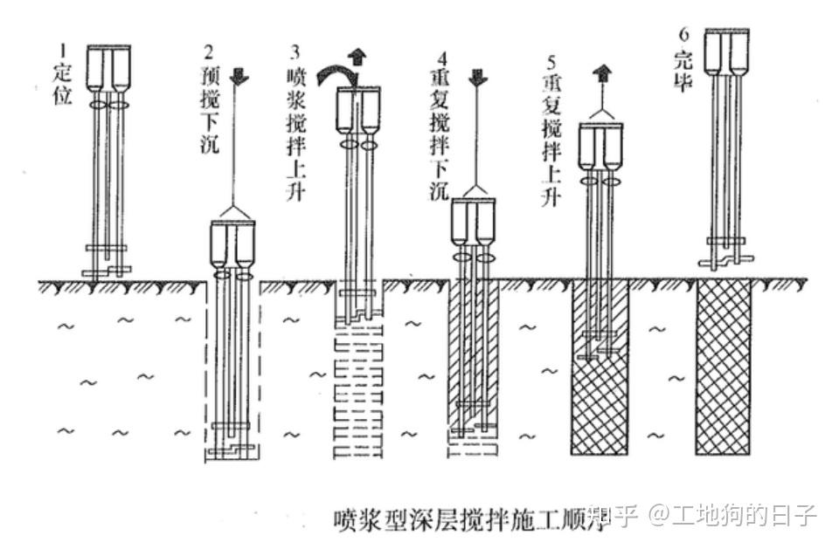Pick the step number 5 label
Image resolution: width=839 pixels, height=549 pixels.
550,62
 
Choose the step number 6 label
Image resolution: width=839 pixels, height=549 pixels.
684,34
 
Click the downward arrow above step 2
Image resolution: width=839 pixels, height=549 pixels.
242,76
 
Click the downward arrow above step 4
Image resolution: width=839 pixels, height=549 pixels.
477,77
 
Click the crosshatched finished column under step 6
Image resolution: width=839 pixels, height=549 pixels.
724,368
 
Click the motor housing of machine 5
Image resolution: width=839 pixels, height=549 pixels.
600,147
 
